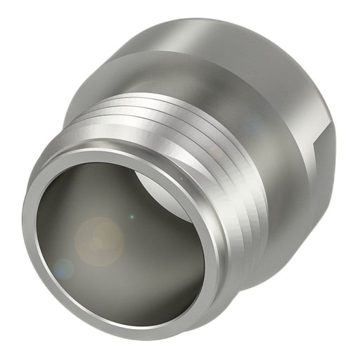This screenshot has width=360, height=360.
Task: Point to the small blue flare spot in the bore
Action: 63,267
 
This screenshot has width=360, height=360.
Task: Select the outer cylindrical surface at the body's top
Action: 211,35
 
